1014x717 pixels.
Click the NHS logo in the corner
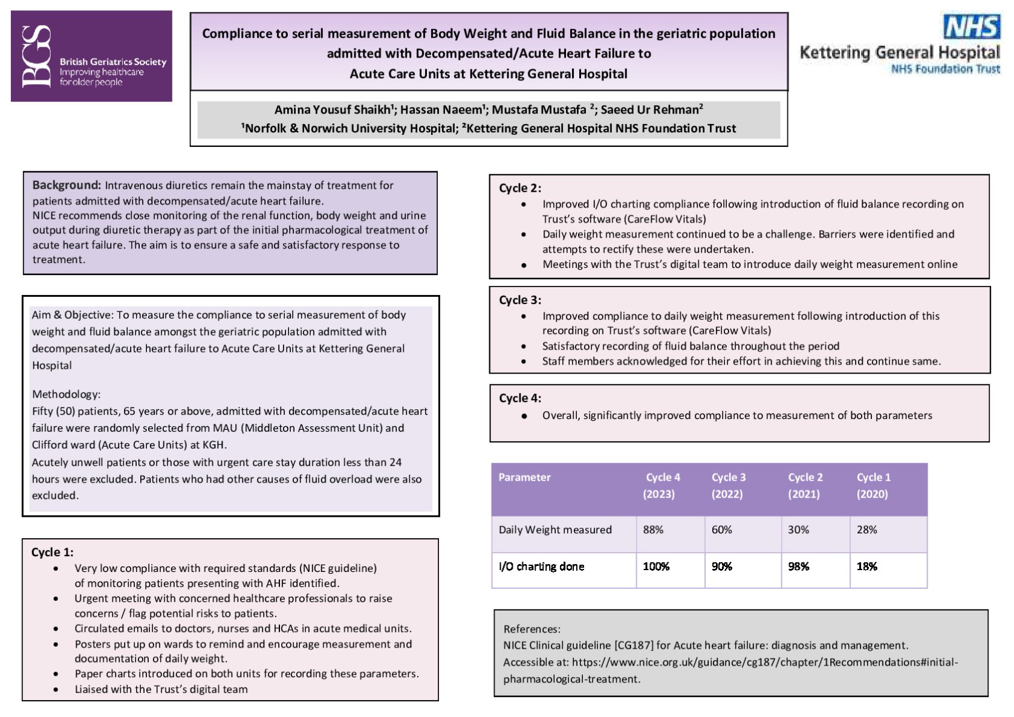(x=972, y=27)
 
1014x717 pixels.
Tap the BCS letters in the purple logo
(x=36, y=56)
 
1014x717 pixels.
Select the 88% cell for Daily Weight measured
(x=653, y=530)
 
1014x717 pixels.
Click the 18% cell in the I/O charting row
(x=866, y=566)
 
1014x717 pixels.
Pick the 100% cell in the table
(x=656, y=566)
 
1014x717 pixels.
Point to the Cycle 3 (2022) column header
(x=728, y=485)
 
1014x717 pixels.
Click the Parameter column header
(x=524, y=477)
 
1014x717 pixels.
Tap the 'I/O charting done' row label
(x=541, y=566)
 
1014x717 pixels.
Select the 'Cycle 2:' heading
(x=519, y=188)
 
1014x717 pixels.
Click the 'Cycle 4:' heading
(x=519, y=398)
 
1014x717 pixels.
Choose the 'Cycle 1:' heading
(x=52, y=552)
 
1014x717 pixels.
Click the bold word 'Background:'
(x=67, y=185)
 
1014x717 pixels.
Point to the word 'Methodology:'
(x=66, y=394)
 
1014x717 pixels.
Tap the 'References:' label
(x=531, y=629)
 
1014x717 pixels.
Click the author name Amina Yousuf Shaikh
(x=333, y=109)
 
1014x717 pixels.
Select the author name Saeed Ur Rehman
(x=651, y=109)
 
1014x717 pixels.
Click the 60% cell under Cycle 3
(x=721, y=530)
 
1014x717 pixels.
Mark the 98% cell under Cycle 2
(x=798, y=566)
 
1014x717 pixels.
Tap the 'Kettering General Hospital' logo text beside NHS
(x=899, y=53)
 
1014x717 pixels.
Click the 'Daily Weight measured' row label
(x=555, y=530)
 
